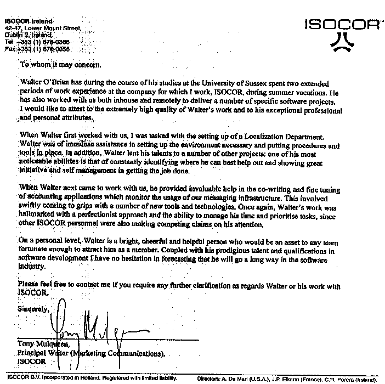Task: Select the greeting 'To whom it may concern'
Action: click(x=60, y=65)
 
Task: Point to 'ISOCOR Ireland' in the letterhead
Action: click(x=27, y=20)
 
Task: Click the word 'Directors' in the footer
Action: click(x=210, y=379)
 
